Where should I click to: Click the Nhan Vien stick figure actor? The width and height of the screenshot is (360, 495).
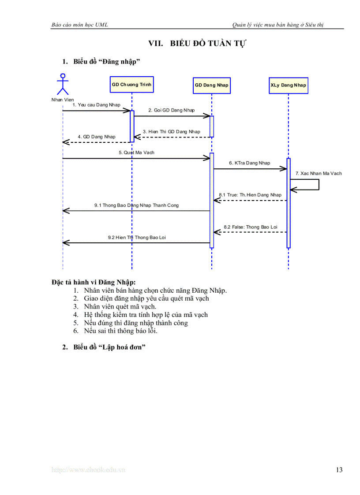63,85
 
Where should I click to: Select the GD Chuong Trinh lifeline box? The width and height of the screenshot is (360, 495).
131,84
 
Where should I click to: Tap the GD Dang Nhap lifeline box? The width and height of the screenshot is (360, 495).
212,85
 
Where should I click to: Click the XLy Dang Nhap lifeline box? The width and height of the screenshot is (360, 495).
288,85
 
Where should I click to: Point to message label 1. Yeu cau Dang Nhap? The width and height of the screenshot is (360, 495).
96,105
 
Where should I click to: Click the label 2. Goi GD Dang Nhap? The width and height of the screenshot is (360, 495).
171,110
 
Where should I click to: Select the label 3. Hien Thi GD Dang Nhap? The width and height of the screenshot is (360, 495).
171,132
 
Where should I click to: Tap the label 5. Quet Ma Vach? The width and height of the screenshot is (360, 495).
136,153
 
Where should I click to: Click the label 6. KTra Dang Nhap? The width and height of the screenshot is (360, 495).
249,163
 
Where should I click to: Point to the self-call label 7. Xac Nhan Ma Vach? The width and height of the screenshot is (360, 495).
319,174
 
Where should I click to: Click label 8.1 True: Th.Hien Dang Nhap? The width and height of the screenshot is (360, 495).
250,195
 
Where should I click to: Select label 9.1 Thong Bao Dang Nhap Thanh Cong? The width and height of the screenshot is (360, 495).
136,205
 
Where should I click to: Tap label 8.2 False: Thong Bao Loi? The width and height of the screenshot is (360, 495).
250,227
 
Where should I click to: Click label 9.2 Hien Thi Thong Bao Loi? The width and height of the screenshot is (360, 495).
137,238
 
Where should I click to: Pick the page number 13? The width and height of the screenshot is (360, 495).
339,470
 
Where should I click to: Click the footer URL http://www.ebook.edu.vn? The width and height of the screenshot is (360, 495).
88,470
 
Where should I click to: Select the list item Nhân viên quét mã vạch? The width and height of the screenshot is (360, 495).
120,306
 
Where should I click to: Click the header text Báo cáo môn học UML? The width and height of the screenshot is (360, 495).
80,25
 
